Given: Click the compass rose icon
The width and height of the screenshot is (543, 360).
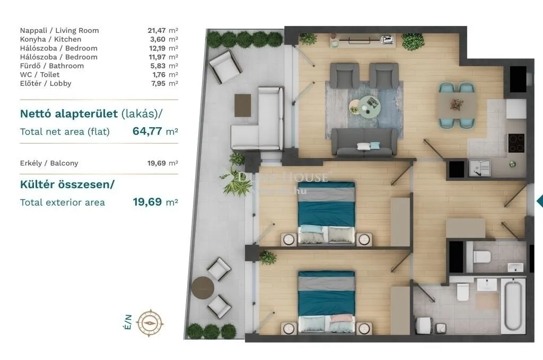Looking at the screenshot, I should click(x=151, y=321).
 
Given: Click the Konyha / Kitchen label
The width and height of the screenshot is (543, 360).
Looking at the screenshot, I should click(x=51, y=39).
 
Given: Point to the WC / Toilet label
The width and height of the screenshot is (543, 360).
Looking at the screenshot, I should click(x=40, y=75).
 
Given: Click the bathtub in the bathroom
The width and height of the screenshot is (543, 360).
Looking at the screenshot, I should click(x=512, y=307).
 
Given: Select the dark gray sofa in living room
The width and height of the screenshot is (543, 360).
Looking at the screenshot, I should click(x=364, y=142).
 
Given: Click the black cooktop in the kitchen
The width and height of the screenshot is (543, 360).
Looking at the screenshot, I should click(x=516, y=142).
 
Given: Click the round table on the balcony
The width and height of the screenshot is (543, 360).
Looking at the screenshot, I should click(x=202, y=288).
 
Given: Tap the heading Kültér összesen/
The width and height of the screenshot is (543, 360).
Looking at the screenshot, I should click(x=67, y=185).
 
